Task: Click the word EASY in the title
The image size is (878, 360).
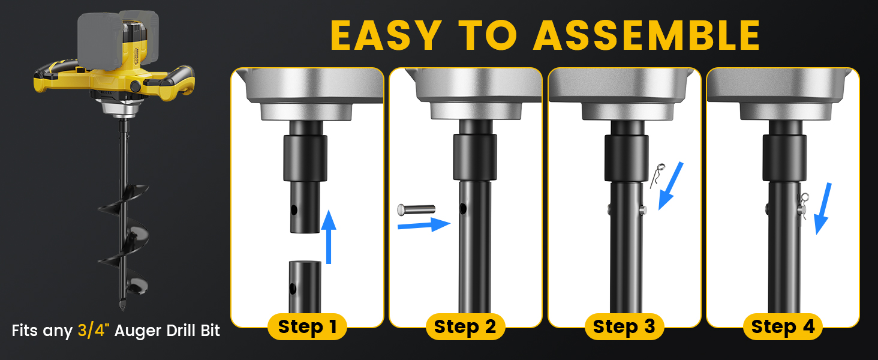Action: coord(386,35)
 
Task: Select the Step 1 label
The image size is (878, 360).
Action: coord(307,326)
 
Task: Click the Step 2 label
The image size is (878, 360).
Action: coord(465,326)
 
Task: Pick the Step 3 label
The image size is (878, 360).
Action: coord(624,326)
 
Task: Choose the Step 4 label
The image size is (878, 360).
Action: coord(783,326)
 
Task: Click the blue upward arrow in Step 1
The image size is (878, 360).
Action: coord(329,237)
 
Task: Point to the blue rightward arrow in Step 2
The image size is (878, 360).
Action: coord(424,225)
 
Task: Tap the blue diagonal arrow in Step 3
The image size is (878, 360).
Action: coord(670,186)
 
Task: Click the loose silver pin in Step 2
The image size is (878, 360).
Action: coord(416,209)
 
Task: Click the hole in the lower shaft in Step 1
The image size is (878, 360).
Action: coord(293,289)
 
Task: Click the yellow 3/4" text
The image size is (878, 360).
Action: coord(94,330)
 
